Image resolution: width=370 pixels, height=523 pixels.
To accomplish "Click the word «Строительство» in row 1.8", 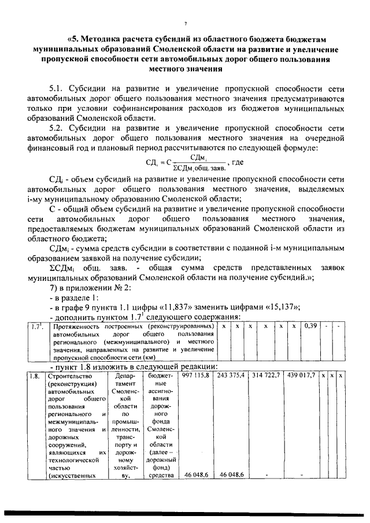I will tap(71, 376).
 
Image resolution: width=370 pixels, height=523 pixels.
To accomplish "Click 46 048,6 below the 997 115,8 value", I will tap(197, 474).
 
